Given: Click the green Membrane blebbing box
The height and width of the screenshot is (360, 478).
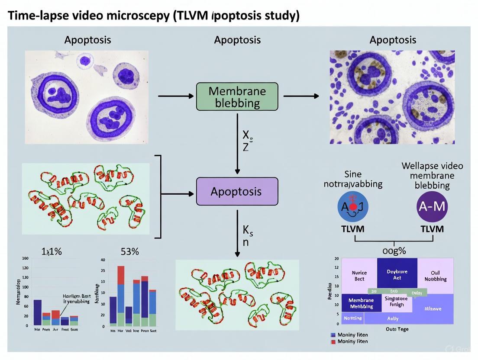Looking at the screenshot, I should coord(237,97).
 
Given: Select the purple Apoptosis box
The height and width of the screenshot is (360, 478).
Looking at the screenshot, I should coord(236,191).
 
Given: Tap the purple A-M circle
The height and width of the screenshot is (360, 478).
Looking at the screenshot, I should coord(432,206).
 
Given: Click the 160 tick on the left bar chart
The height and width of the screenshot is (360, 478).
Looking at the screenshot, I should coord(25,259).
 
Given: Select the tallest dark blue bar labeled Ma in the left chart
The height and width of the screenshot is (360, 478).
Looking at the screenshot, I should coord(38,312).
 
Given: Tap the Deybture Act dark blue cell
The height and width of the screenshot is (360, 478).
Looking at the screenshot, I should coord(397,275).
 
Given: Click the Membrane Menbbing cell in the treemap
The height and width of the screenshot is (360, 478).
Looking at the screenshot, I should coord(361,303).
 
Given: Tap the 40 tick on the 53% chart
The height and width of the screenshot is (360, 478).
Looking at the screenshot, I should coord(103,260).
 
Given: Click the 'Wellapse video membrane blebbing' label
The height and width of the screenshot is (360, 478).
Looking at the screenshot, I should coord(432,176).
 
